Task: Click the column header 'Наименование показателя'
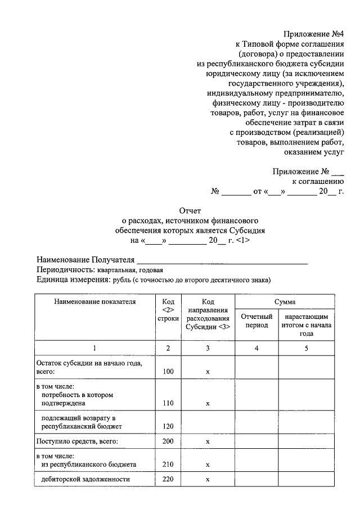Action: (x=94, y=302)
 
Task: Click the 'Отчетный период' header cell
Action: (x=256, y=321)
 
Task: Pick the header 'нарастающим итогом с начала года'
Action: (x=307, y=325)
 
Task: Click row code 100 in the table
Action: (x=168, y=372)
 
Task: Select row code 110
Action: (x=168, y=403)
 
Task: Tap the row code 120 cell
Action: (x=168, y=427)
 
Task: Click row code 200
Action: (x=168, y=442)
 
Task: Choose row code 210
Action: (x=168, y=465)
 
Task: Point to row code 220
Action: (x=168, y=479)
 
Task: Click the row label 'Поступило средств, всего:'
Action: (x=77, y=442)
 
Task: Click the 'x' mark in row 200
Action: (x=208, y=442)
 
